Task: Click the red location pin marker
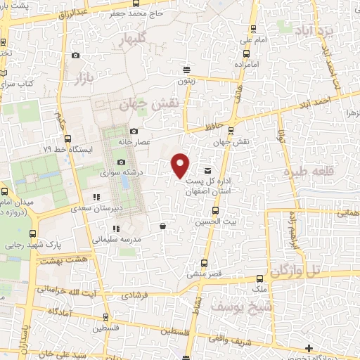point(181,165)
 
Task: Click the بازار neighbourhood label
point(82,77)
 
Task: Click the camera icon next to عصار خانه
point(134,131)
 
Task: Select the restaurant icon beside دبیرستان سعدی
point(97,197)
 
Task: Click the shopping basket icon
point(163,226)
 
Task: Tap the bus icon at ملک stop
point(260,278)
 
